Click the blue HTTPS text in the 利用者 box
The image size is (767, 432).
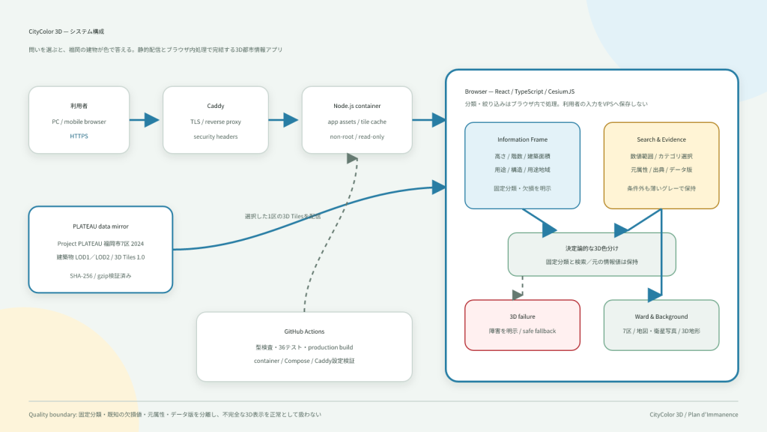pos(79,136)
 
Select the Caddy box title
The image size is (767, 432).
pos(215,106)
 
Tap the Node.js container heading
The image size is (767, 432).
pos(357,106)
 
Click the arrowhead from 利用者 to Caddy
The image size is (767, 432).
pos(151,120)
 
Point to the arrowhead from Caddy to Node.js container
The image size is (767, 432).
pos(291,120)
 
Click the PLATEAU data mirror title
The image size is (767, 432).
pos(101,226)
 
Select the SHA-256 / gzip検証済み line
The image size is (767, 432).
pos(101,276)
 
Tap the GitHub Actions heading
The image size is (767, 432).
pos(304,331)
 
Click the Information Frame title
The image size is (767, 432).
pos(522,139)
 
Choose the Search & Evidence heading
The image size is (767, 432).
pos(661,139)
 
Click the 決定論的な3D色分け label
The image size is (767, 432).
pos(592,248)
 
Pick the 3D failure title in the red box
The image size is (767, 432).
pos(522,317)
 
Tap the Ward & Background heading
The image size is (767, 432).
pos(661,317)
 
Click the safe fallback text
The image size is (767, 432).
pos(539,331)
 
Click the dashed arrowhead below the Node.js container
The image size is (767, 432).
pos(352,159)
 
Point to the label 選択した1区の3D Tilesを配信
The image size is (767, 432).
pos(282,216)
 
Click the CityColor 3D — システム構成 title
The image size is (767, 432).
pos(66,31)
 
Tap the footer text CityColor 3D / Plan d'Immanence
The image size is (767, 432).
pos(694,414)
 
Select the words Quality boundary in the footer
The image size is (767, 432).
pos(52,414)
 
